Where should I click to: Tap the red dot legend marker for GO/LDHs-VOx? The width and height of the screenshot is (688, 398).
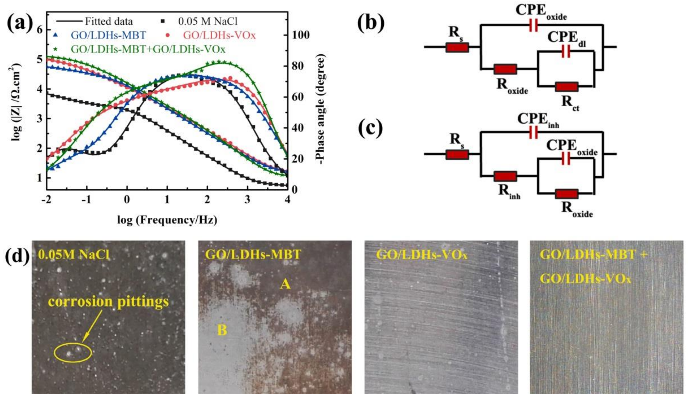(x=168, y=35)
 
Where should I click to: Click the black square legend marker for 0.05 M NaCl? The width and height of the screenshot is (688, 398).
(x=163, y=21)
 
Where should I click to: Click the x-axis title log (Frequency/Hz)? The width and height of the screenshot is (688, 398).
(x=167, y=220)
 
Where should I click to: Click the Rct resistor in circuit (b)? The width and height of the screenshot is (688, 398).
(x=567, y=87)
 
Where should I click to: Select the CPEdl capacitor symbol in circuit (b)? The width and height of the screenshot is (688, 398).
(x=566, y=51)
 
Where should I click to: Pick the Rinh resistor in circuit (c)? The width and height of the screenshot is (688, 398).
(x=505, y=176)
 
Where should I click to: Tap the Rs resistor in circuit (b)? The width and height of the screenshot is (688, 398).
(x=457, y=47)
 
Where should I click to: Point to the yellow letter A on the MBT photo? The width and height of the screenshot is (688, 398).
(x=285, y=285)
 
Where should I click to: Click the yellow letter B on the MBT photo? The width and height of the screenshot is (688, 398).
(x=222, y=330)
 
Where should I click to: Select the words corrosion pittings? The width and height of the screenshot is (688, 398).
(x=108, y=301)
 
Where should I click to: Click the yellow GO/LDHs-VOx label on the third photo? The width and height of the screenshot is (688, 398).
(x=422, y=255)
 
